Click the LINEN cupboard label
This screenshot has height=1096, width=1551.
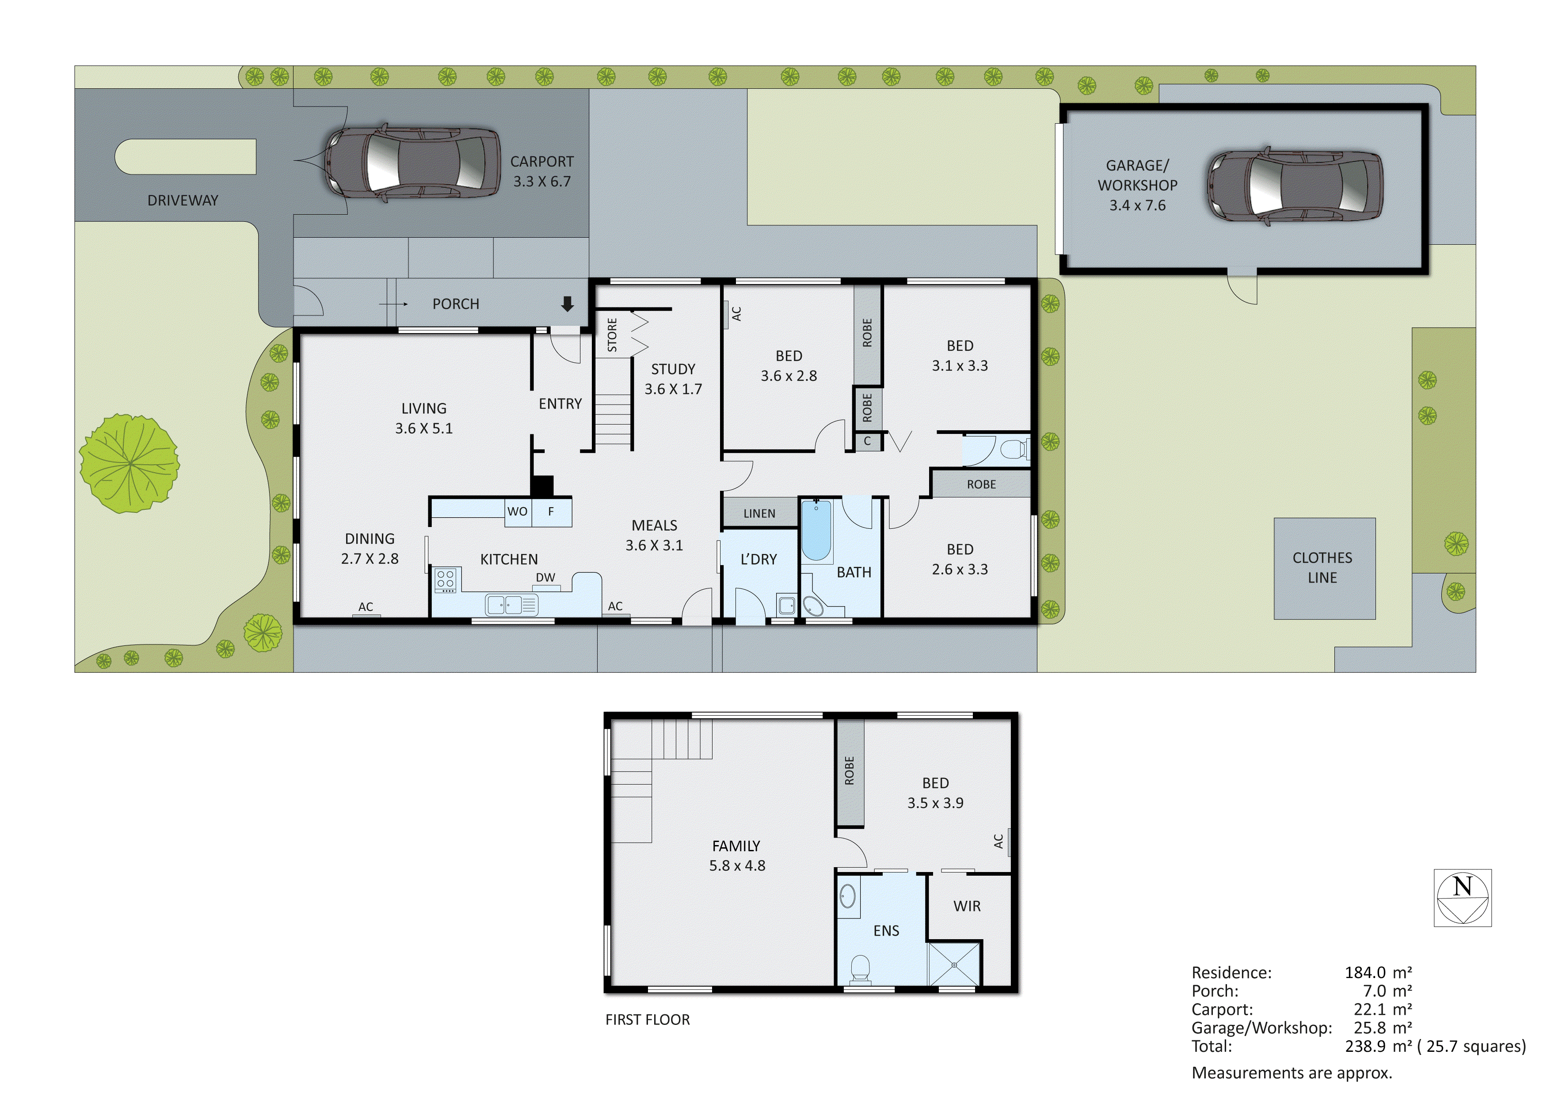click(759, 513)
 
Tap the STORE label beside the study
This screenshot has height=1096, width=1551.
click(612, 335)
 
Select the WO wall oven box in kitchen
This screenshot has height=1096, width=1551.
click(518, 512)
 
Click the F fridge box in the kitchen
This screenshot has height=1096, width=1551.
click(551, 512)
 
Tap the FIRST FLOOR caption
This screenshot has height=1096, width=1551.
click(647, 1020)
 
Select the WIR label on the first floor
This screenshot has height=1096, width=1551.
click(967, 906)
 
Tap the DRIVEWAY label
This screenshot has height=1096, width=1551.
click(183, 201)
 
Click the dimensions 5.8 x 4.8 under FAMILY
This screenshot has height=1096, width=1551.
click(737, 866)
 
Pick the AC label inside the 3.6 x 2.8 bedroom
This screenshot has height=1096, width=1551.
click(736, 314)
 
